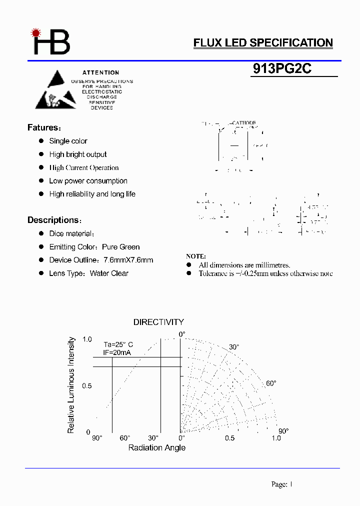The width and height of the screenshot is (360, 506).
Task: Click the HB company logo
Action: pos(51,42)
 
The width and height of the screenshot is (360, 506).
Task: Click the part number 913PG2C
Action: pos(282,69)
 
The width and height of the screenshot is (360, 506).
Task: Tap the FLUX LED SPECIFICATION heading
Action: pos(263,43)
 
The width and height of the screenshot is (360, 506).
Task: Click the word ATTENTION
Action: pos(101,72)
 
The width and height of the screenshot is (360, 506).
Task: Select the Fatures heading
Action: pos(43,127)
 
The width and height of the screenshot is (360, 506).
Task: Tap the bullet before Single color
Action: pos(41,141)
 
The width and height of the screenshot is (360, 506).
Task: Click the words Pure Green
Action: pos(121,247)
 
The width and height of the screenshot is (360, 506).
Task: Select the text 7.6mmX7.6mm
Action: pos(128,260)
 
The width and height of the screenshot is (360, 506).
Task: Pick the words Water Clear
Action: pos(109,273)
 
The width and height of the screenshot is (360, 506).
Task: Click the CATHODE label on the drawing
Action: pos(243,123)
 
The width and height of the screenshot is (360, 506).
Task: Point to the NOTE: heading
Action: pos(196,256)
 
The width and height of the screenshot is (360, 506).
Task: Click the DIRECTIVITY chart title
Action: pos(158,322)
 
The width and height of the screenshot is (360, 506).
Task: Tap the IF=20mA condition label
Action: pos(118,352)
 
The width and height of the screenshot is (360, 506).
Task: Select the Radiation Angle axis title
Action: pos(157,447)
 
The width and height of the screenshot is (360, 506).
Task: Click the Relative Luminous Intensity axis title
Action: pos(71,385)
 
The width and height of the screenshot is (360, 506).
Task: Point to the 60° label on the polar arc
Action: pos(270,383)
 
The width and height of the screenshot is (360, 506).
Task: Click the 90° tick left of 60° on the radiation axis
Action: pos(97,438)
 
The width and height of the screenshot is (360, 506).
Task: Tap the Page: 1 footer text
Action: pos(281,484)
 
